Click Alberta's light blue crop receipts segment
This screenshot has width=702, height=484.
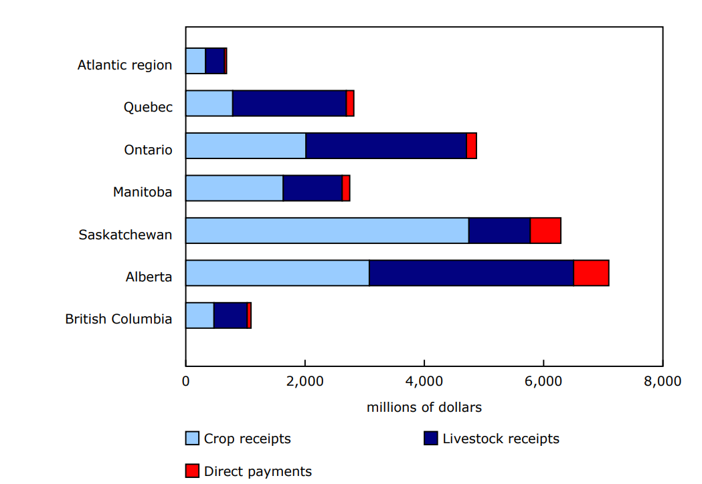click(x=277, y=273)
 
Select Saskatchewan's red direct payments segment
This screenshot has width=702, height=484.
click(x=545, y=231)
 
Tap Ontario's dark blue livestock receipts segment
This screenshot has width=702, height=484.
click(x=386, y=146)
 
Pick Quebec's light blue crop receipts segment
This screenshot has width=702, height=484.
click(x=209, y=104)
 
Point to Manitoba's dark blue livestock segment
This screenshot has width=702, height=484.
click(x=313, y=189)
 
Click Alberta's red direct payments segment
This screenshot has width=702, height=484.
click(x=591, y=273)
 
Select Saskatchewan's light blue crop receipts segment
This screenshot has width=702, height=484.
click(x=327, y=231)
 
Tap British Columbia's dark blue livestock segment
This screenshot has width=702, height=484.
click(x=230, y=316)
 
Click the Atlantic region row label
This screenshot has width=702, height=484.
click(x=124, y=65)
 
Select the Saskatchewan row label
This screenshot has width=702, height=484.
click(x=125, y=235)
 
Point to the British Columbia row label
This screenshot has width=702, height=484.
click(x=118, y=319)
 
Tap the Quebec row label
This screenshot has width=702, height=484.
click(x=148, y=107)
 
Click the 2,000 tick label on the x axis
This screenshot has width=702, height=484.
click(x=305, y=382)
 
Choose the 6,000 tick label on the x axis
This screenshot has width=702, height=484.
click(x=543, y=382)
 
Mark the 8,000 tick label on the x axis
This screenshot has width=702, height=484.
click(x=663, y=382)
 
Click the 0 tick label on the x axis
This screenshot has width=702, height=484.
click(x=185, y=382)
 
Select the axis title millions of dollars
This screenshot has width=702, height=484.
click(x=424, y=407)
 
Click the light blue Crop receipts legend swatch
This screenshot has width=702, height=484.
click(x=192, y=439)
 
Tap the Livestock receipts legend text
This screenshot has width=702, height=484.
click(x=501, y=439)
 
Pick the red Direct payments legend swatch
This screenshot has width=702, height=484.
click(x=192, y=471)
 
